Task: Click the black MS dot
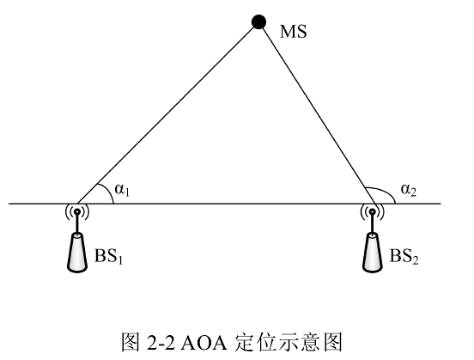point(258,21)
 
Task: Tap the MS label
point(293,32)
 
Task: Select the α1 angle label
point(122,190)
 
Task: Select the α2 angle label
point(409,190)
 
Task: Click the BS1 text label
point(108,256)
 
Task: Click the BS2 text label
point(404,256)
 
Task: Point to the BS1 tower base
point(77,253)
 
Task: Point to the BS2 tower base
point(373,253)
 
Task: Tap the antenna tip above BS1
point(77,211)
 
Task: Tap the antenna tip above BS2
point(373,211)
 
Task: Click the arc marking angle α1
point(109,192)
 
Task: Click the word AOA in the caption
point(204,343)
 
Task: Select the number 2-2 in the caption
point(161,343)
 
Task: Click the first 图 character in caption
point(131,343)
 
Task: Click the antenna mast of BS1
point(77,224)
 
